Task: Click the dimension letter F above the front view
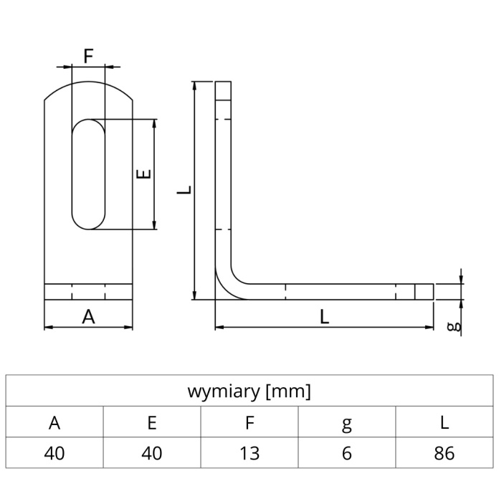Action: tap(88, 55)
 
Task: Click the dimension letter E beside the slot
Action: tap(144, 174)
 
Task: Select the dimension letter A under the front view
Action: tap(88, 316)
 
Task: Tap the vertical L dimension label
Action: tap(185, 190)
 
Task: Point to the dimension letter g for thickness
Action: tap(452, 327)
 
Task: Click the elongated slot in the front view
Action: tap(88, 174)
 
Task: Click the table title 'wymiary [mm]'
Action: tap(249, 391)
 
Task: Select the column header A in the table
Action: tap(54, 423)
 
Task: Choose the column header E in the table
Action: tap(152, 423)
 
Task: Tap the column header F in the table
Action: tap(249, 423)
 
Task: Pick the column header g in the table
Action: tap(346, 424)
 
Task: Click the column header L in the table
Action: tap(445, 423)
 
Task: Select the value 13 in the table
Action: tap(249, 454)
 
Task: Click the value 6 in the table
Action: tap(346, 454)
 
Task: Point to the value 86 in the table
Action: tap(445, 454)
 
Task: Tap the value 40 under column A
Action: tap(54, 454)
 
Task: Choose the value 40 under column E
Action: tap(152, 454)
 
